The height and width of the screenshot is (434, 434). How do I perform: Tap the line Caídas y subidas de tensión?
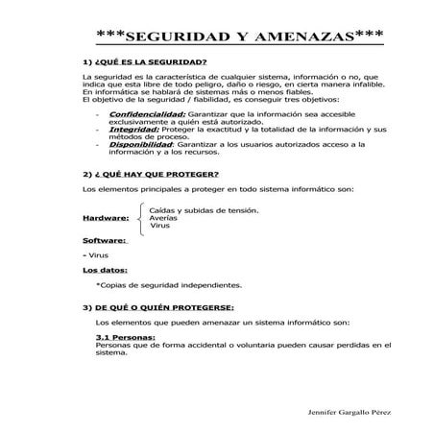pos(204,209)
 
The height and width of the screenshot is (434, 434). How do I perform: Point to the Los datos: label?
pos(105,271)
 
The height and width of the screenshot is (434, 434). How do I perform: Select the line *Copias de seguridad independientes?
pos(169,285)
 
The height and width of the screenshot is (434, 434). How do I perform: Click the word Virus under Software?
pos(97,255)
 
